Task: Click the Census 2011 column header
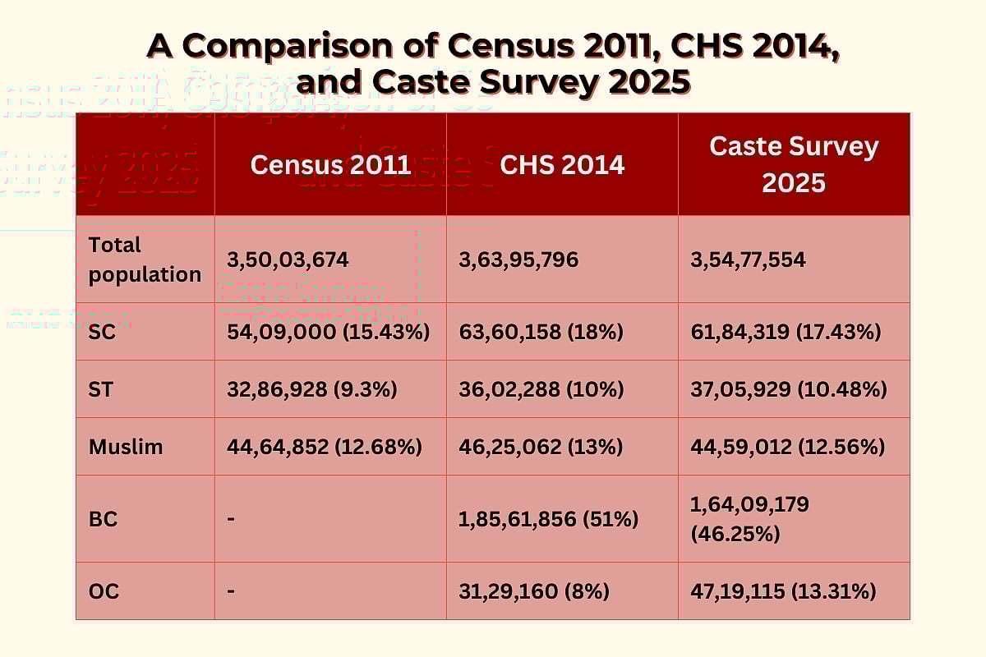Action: coord(330,164)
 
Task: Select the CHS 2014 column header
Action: coord(562,164)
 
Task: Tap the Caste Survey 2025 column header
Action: coord(794,164)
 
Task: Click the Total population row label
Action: coord(145,260)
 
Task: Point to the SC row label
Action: coord(101,332)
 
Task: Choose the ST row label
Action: coord(101,389)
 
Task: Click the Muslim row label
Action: coord(126,447)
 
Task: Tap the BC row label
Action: coord(102,519)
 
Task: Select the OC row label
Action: coord(104,591)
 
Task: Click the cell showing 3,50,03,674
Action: coord(288,260)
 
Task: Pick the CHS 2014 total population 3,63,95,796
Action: coord(518,260)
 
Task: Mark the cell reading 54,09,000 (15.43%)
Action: coord(329,332)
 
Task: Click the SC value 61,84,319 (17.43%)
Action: coord(786,332)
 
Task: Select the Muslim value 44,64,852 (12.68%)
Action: coord(325,447)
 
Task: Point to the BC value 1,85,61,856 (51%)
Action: coord(548,519)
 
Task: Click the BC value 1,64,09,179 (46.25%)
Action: coord(749,519)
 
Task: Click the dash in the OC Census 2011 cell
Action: coord(231,591)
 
